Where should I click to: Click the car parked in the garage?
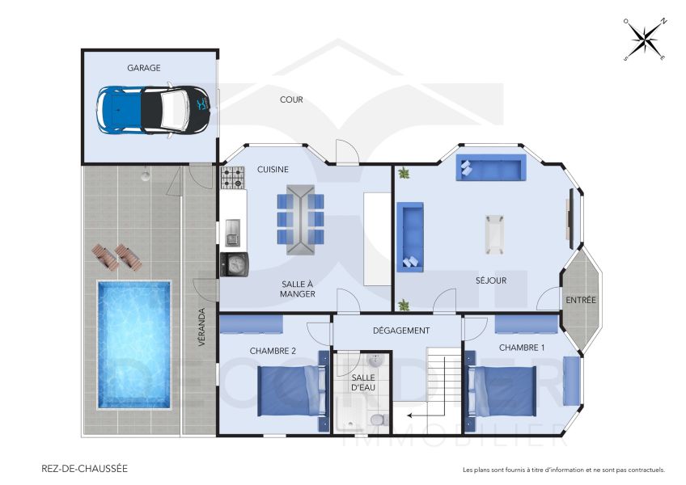(x=154, y=109)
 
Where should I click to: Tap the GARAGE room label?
(x=143, y=69)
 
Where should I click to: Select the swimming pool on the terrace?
(x=134, y=344)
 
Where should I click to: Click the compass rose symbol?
(x=645, y=39)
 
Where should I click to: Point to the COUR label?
(x=291, y=100)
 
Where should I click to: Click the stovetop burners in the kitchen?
(x=233, y=177)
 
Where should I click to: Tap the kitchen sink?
(x=232, y=234)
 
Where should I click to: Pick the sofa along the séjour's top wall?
(x=491, y=167)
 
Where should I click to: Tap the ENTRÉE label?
(x=580, y=300)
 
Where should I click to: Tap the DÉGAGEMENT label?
(x=400, y=331)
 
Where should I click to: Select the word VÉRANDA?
(x=202, y=327)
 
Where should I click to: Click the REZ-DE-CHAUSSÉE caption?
(x=84, y=468)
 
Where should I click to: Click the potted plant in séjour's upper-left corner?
(x=404, y=173)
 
